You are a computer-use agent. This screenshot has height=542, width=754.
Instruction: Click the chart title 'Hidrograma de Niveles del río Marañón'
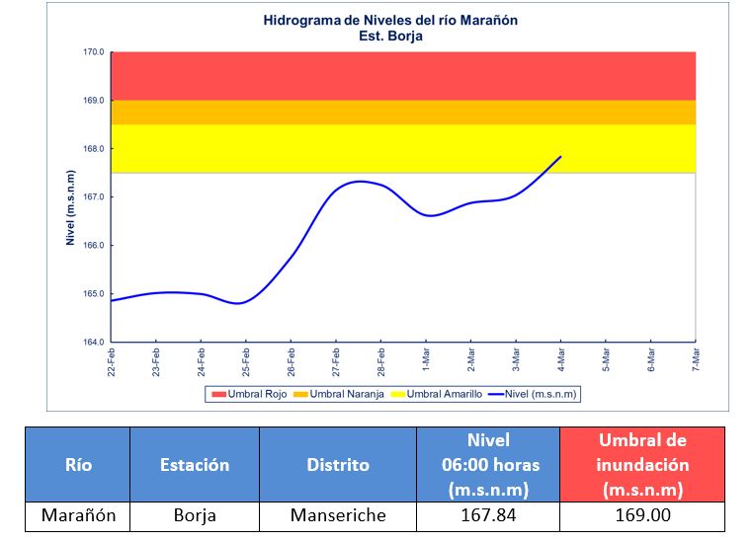click(x=390, y=20)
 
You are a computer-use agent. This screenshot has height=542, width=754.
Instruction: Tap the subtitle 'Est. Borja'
click(x=390, y=36)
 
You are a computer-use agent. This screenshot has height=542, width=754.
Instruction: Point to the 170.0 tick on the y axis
click(x=93, y=52)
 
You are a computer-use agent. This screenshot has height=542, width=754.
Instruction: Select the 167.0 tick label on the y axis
click(x=93, y=197)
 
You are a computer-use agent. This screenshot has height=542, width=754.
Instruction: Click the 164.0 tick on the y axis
click(x=93, y=343)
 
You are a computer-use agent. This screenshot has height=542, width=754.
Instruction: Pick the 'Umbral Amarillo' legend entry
click(x=438, y=394)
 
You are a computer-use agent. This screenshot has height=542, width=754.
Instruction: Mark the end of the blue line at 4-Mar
click(x=560, y=156)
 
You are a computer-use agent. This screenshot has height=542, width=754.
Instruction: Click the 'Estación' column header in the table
click(x=194, y=464)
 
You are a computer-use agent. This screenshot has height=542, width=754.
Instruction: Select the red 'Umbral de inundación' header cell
click(x=641, y=464)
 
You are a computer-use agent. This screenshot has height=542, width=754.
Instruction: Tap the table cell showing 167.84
click(x=487, y=515)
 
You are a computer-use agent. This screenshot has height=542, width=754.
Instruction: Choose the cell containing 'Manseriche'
click(x=337, y=515)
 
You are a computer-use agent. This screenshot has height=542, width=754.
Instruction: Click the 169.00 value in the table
click(x=641, y=515)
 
